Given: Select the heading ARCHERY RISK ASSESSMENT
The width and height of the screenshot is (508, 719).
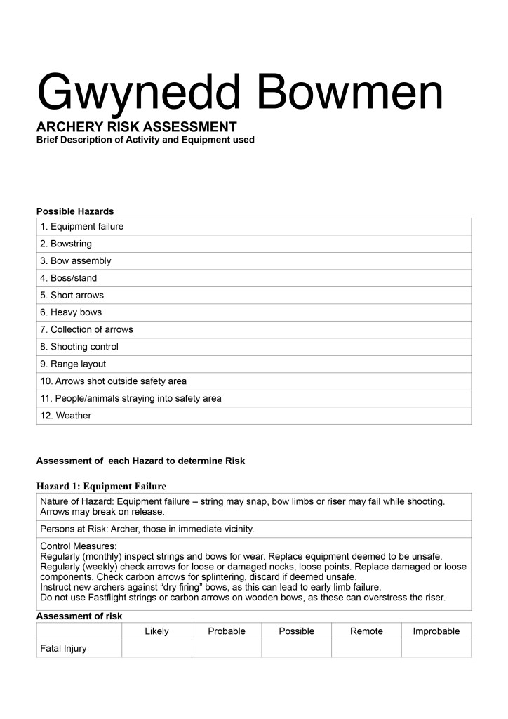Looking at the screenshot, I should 136,127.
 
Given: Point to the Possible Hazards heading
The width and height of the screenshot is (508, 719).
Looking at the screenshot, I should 75,211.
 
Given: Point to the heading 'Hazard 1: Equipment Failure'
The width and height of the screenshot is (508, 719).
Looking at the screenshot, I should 101,486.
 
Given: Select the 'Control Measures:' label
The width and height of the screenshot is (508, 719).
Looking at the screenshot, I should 78,546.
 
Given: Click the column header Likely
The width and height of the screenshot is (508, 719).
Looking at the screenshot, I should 156,631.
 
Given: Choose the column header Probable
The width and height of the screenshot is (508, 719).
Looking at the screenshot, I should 227,631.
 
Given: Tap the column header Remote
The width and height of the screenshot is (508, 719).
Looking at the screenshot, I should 366,631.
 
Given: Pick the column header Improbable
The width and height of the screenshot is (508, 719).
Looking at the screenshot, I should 436,631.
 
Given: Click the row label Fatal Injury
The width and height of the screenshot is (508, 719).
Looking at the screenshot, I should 64,649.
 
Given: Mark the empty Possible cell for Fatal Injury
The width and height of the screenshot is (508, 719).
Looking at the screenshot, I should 296,649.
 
